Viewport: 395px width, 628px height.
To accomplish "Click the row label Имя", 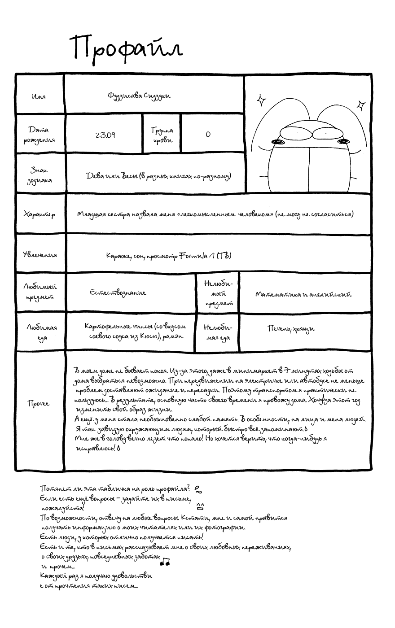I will coord(39,96).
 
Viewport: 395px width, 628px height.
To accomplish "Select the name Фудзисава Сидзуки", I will coord(139,96).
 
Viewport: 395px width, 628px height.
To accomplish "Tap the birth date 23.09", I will coord(105,135).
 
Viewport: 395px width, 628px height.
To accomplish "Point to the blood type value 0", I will coord(208,134).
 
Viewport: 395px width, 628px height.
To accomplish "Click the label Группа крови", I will coord(162,135).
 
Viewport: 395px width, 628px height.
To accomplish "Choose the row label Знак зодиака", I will coord(39,175).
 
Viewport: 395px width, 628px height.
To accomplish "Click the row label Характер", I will coord(39,214).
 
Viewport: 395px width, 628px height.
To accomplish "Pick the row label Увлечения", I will coord(40,255).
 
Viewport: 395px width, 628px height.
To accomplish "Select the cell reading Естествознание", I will coord(118,292).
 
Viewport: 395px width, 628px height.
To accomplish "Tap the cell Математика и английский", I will coord(303,295).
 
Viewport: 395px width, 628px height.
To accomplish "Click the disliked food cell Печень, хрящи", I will coord(291,329).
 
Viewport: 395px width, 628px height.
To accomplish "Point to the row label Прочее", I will coord(39,404).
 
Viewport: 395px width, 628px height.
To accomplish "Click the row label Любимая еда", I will coord(41,333).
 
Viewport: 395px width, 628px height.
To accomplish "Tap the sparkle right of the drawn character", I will coord(360,106).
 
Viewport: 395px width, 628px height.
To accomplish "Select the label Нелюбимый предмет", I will coord(219,293).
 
